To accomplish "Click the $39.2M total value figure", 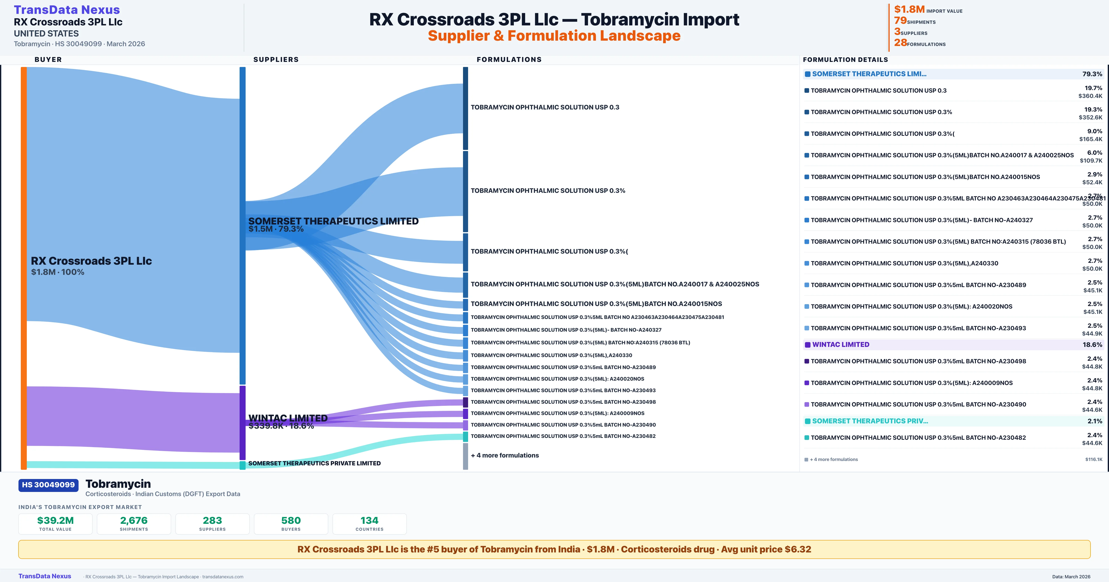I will (x=55, y=521).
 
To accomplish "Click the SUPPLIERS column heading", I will (x=276, y=59).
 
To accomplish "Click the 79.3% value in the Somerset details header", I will (x=1092, y=74).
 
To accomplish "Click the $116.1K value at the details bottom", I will (x=1094, y=459).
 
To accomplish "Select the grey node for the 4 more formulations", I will (x=465, y=456).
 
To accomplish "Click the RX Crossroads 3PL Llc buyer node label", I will (x=91, y=261).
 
